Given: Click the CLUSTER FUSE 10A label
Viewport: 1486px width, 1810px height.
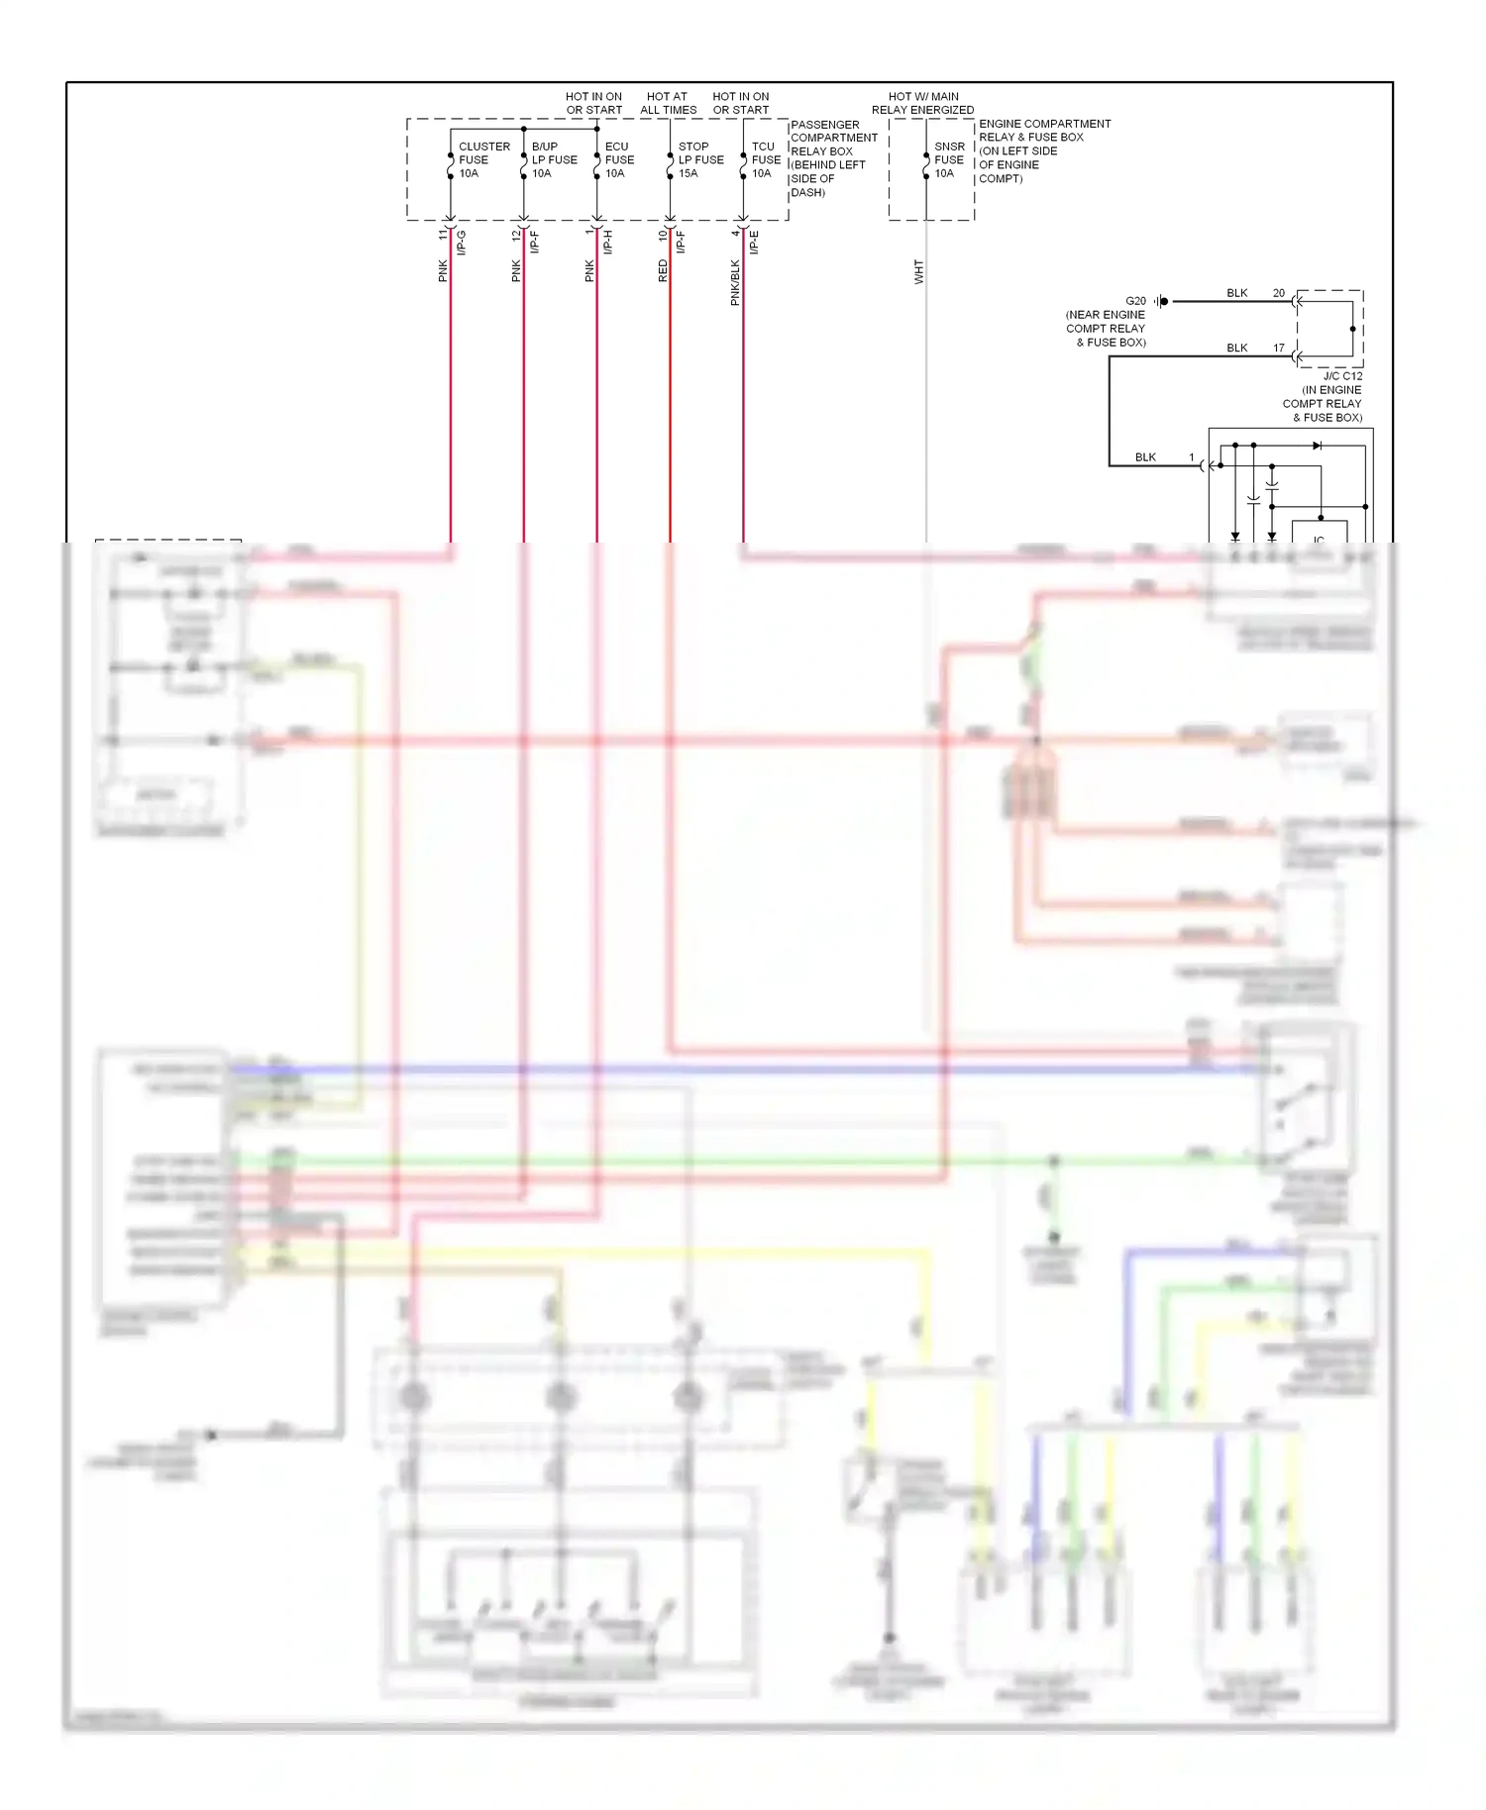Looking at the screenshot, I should [x=482, y=159].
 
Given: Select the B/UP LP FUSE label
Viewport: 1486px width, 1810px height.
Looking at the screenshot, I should [x=553, y=159].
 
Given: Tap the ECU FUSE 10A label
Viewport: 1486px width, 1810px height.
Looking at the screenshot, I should [x=619, y=159].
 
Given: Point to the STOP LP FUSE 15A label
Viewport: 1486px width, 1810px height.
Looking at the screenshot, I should [x=699, y=159].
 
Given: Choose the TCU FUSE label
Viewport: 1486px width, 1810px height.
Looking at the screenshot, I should [x=765, y=159].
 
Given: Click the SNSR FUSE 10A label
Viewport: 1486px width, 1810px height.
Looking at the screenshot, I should [x=948, y=159].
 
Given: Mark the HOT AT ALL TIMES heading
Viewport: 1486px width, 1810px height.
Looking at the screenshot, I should [x=668, y=103].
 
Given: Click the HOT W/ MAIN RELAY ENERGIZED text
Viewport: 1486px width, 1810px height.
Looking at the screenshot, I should [x=922, y=103].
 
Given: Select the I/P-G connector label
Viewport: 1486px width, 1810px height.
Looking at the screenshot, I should [x=462, y=242].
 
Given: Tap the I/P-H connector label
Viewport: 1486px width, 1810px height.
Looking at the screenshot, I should [x=608, y=242].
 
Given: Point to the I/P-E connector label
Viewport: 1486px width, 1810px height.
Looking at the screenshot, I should [x=754, y=242].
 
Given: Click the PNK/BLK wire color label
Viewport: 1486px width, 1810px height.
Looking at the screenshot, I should [x=735, y=282].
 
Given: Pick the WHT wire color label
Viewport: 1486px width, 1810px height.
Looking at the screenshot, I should [x=918, y=272].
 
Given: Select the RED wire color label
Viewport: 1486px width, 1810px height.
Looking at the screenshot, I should [x=663, y=271].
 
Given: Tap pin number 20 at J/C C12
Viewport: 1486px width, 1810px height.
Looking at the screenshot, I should [x=1278, y=293].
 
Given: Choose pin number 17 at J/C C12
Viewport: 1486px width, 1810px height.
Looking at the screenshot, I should [x=1278, y=348].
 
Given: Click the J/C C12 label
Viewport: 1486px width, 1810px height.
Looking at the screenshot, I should [x=1341, y=376].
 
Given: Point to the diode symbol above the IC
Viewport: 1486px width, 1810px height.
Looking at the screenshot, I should [x=1317, y=446].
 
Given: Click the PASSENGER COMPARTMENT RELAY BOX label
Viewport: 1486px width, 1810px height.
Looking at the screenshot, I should [x=832, y=158].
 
